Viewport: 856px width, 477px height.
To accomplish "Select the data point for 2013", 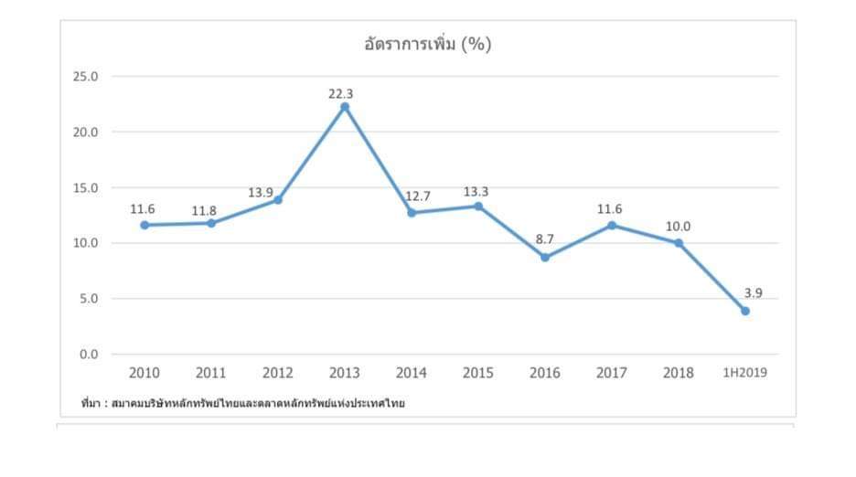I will click(x=345, y=107).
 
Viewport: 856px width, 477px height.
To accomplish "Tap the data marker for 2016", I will click(x=545, y=258).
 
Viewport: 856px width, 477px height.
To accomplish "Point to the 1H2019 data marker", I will click(x=745, y=311).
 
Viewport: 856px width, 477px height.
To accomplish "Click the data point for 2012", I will click(x=278, y=199).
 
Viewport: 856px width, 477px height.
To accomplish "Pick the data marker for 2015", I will click(x=478, y=206).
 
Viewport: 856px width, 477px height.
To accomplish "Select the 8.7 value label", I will click(x=545, y=239).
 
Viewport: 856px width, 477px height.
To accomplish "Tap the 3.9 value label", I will click(x=753, y=293).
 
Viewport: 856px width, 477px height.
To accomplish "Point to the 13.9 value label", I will click(x=261, y=193).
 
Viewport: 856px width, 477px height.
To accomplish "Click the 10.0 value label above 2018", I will click(x=679, y=227).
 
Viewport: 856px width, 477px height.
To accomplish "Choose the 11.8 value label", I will click(x=204, y=211).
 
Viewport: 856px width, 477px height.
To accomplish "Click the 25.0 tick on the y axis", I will click(x=85, y=77).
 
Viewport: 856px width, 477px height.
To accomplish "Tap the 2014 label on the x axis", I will click(x=412, y=373).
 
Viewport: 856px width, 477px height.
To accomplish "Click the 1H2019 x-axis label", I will click(x=745, y=373).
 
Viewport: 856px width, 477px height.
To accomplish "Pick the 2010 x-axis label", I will click(x=144, y=373).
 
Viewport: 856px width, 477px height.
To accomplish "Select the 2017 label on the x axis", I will click(x=612, y=373).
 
